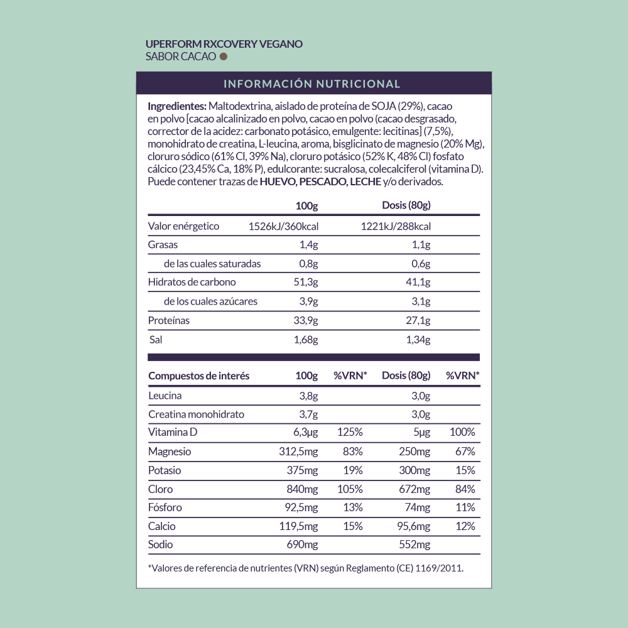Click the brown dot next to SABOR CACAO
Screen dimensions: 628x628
pos(223,57)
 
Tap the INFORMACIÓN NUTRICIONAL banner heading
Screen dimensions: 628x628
pos(312,84)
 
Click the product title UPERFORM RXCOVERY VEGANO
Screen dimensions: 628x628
pos(224,44)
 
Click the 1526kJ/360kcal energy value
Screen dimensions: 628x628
pos(284,227)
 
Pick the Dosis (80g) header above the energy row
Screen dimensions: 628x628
pos(406,205)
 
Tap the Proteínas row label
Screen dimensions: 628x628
pos(169,321)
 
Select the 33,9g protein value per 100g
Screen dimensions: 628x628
pos(306,321)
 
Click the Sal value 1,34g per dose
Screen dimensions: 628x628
pos(418,340)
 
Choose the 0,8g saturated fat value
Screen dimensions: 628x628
pos(308,264)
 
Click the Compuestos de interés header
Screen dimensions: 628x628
pos(199,376)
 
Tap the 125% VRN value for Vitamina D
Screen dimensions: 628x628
pos(350,432)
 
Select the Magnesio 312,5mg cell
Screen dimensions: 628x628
pos(298,452)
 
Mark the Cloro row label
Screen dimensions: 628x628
pos(161,489)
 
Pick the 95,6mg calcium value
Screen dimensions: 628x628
pos(412,526)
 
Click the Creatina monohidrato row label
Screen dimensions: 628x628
pos(197,414)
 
